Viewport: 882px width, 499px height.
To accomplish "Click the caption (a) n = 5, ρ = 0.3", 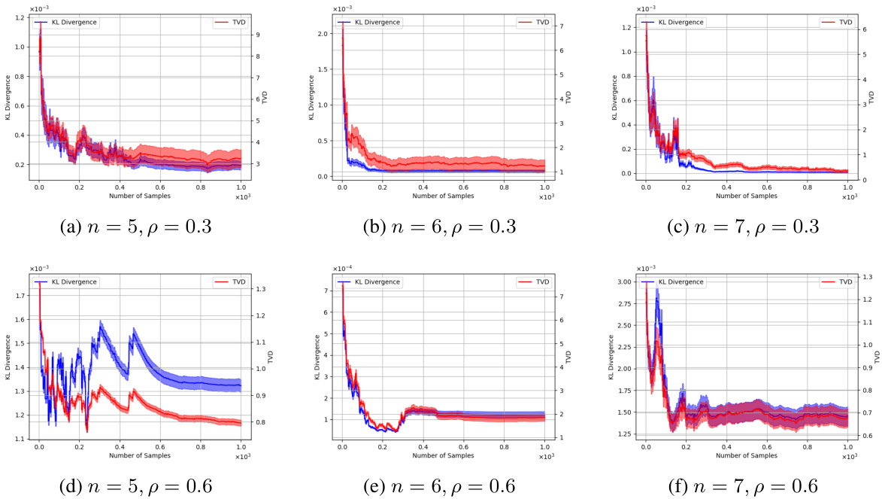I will (x=136, y=225).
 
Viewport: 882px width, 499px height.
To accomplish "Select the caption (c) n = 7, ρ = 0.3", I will (x=743, y=225).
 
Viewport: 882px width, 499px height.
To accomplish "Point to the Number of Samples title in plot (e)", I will (x=442, y=455).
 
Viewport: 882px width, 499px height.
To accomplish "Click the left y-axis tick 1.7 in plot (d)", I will (x=19, y=296).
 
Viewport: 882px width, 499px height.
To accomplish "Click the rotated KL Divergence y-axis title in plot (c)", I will (x=614, y=98).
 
